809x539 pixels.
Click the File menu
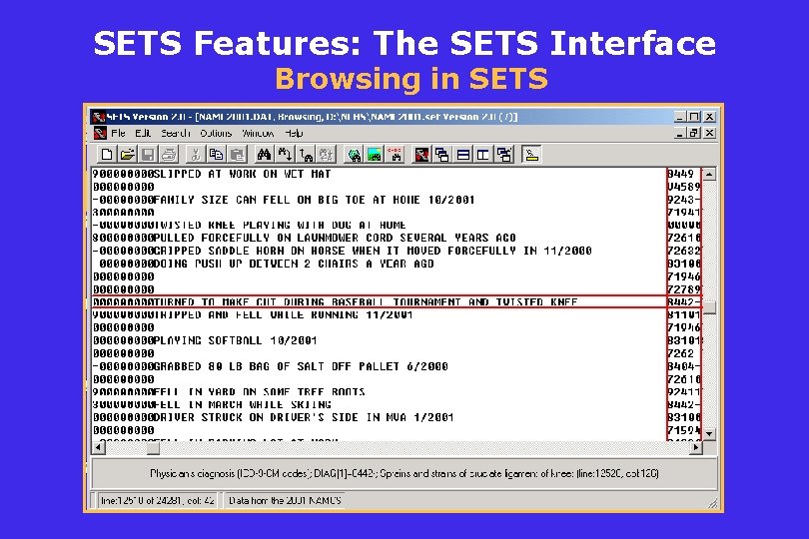click(118, 133)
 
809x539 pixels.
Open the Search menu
click(176, 133)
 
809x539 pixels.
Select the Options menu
click(216, 133)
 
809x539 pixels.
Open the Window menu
click(258, 133)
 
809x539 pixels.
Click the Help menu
click(294, 133)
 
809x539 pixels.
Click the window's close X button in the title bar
click(709, 117)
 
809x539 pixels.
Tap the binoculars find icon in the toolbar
click(265, 155)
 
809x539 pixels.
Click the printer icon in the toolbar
click(169, 155)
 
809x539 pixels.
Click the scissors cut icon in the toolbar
click(196, 155)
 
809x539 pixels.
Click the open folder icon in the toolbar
click(127, 155)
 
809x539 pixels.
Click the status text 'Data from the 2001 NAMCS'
click(285, 500)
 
